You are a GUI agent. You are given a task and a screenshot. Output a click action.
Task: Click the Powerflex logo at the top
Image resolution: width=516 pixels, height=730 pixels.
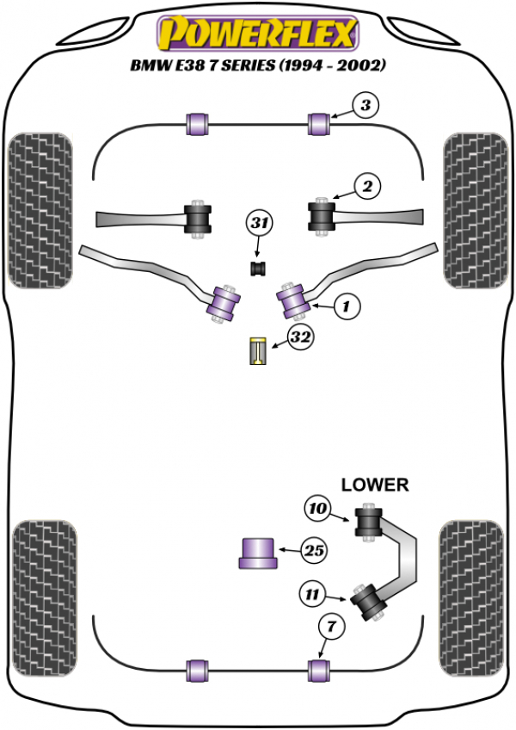tap(256, 35)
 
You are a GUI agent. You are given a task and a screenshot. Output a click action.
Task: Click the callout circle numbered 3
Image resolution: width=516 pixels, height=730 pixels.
tap(365, 108)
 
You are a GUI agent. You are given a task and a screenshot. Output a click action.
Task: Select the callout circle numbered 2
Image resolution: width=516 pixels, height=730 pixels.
tap(367, 185)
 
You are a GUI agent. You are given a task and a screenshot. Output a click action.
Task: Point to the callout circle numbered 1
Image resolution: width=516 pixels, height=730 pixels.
tap(347, 305)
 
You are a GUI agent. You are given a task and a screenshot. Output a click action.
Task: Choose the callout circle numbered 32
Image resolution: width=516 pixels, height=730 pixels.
tap(298, 339)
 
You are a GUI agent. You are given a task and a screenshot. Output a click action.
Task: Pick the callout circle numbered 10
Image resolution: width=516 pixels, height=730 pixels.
tap(317, 510)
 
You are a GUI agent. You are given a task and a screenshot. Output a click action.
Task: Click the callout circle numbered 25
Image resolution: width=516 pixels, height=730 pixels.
tap(316, 550)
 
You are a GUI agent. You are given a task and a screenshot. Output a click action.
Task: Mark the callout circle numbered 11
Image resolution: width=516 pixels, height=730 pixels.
tap(312, 593)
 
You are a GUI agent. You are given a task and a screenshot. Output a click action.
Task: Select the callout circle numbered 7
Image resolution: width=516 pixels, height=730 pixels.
tap(328, 628)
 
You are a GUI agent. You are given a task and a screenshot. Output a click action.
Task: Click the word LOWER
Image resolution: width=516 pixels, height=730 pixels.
tap(375, 485)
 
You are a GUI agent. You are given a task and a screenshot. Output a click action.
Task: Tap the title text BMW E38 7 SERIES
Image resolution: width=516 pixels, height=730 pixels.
tap(256, 65)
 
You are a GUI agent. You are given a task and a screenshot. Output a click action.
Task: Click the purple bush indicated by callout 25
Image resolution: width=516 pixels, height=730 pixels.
tap(256, 552)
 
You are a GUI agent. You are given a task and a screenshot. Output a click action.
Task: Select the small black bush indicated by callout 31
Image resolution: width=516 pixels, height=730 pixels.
tap(256, 268)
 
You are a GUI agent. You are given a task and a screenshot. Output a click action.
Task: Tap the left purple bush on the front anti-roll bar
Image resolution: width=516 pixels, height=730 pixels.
tap(198, 123)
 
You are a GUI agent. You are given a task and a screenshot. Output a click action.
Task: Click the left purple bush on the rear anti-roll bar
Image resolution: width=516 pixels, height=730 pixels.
tap(198, 668)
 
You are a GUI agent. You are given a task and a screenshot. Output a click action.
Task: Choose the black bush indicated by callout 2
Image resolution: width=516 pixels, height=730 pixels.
tap(322, 216)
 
